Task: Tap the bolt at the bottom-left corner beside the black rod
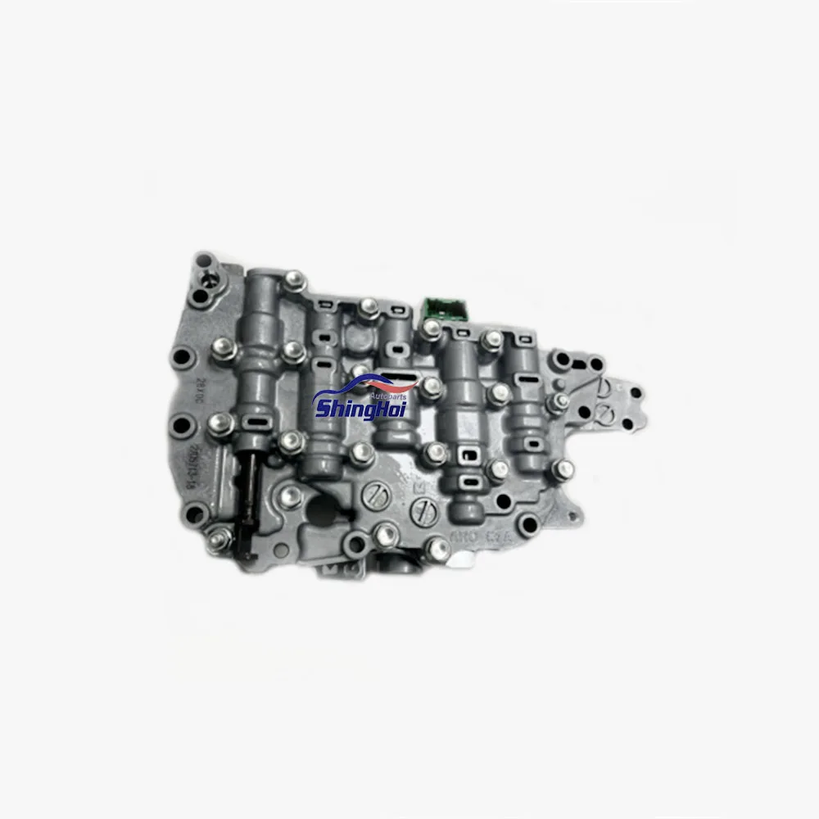click(219, 538)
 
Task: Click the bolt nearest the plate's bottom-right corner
click(563, 469)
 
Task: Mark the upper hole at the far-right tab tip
click(631, 392)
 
